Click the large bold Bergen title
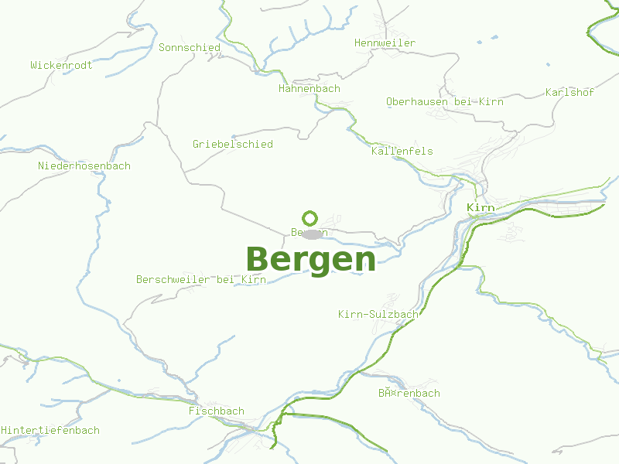click(311, 259)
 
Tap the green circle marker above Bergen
click(310, 218)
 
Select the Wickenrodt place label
click(61, 66)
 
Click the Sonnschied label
click(190, 48)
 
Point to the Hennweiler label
click(385, 43)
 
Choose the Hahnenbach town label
click(309, 89)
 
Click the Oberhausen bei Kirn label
click(445, 102)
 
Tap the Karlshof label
click(569, 93)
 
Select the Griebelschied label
click(233, 145)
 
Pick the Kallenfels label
click(402, 152)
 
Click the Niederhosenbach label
click(84, 166)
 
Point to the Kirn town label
click(481, 208)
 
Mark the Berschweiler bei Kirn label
click(201, 280)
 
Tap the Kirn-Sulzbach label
click(378, 315)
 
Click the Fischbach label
click(217, 411)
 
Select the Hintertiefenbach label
click(50, 431)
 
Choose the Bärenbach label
click(409, 394)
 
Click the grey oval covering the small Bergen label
click(313, 234)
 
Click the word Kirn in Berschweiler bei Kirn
click(254, 280)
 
